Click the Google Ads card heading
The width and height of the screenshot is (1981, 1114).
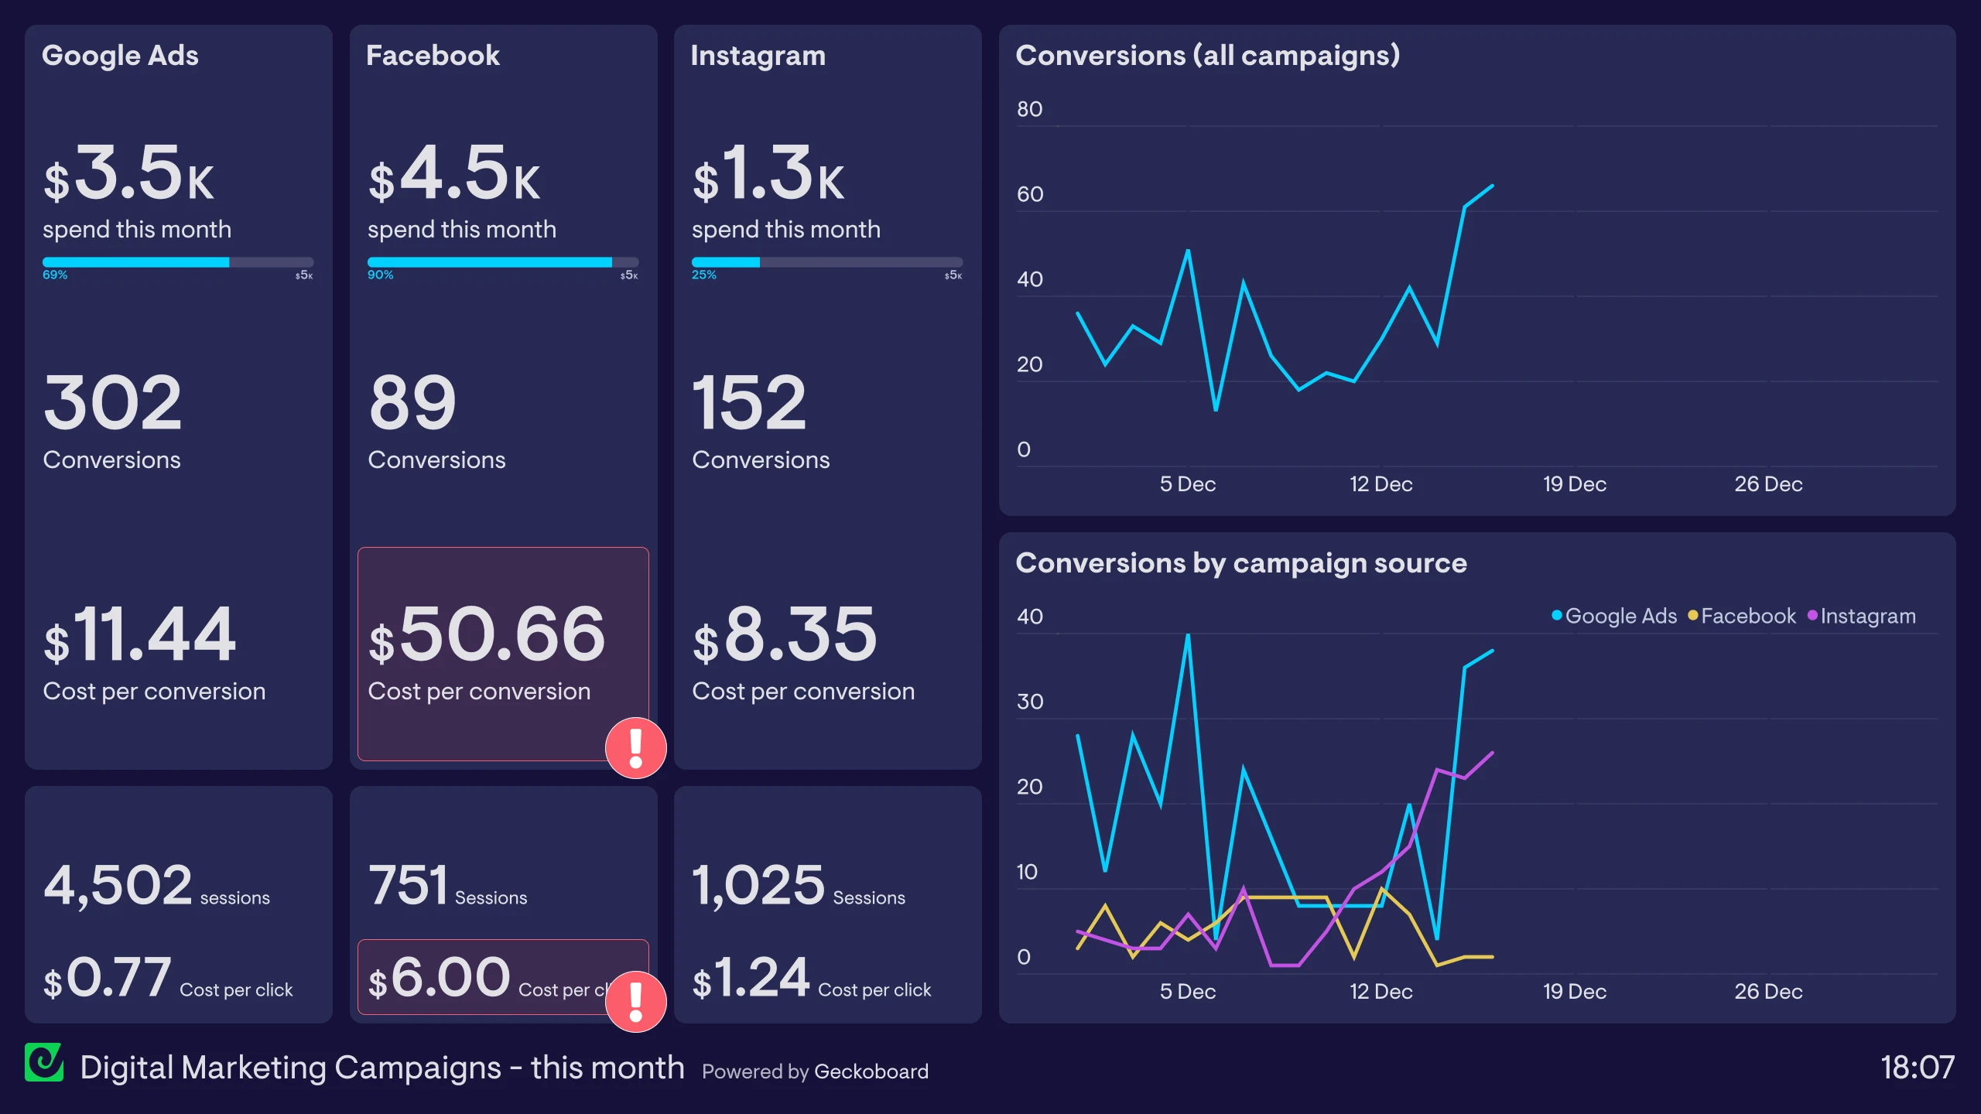[x=120, y=56]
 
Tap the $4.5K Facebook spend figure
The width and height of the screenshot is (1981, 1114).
[x=454, y=175]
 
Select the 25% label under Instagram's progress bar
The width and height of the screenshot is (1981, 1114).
[x=703, y=275]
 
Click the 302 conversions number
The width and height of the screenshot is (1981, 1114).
[x=113, y=403]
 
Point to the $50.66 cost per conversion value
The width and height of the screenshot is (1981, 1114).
[x=487, y=635]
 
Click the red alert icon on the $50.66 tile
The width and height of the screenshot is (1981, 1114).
[x=635, y=748]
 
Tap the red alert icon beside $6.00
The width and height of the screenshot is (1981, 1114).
[x=635, y=1001]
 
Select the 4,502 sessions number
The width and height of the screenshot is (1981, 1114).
[x=118, y=885]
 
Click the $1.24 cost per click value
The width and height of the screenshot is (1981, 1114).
[x=751, y=978]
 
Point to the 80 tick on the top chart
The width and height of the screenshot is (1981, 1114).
[x=1029, y=110]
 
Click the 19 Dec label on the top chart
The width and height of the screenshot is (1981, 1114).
[x=1574, y=484]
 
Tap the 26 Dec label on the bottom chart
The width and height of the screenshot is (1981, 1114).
[x=1767, y=992]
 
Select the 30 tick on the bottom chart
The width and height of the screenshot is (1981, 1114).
[x=1029, y=702]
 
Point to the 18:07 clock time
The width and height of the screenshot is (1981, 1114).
[x=1917, y=1068]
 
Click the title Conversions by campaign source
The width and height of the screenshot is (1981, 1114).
[x=1240, y=563]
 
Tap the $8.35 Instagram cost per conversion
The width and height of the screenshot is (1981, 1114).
[x=785, y=635]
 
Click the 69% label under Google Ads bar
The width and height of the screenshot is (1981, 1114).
[x=55, y=275]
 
